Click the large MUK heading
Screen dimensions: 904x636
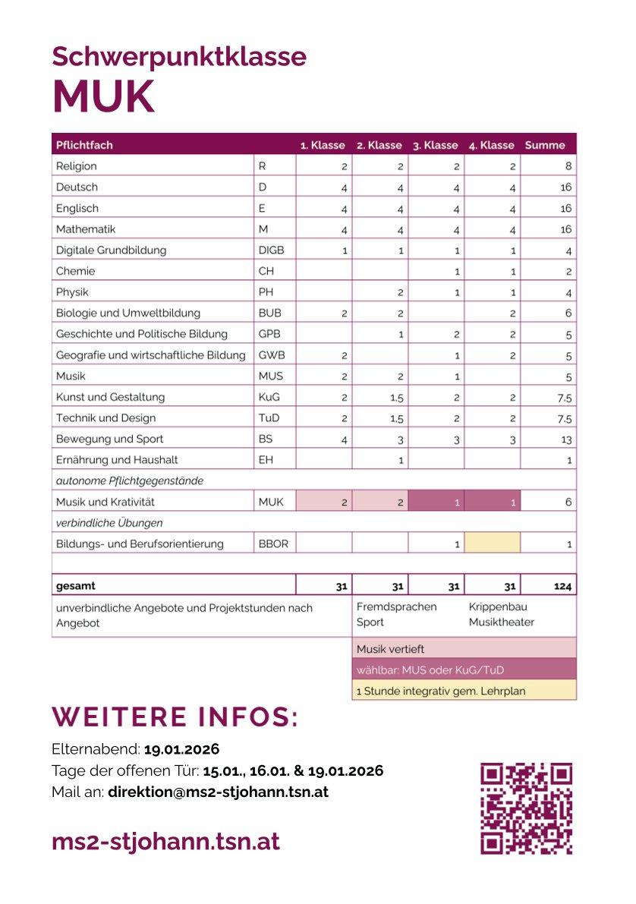103,96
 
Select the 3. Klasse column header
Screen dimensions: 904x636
435,145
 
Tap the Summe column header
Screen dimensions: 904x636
545,145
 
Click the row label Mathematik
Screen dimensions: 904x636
86,229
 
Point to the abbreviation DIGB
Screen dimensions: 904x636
271,250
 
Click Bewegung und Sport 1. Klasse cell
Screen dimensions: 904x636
344,439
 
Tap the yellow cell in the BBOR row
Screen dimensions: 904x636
493,543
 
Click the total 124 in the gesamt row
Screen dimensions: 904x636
562,586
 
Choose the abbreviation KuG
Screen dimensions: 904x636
268,397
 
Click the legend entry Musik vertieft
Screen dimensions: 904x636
390,649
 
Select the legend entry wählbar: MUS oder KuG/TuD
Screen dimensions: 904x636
430,669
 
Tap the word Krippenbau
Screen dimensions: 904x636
498,607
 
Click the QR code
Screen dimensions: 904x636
526,808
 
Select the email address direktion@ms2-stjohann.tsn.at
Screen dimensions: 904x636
218,792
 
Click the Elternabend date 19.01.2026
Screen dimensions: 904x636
181,750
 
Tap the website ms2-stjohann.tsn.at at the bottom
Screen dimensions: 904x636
165,841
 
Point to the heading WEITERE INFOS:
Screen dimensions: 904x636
175,717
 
